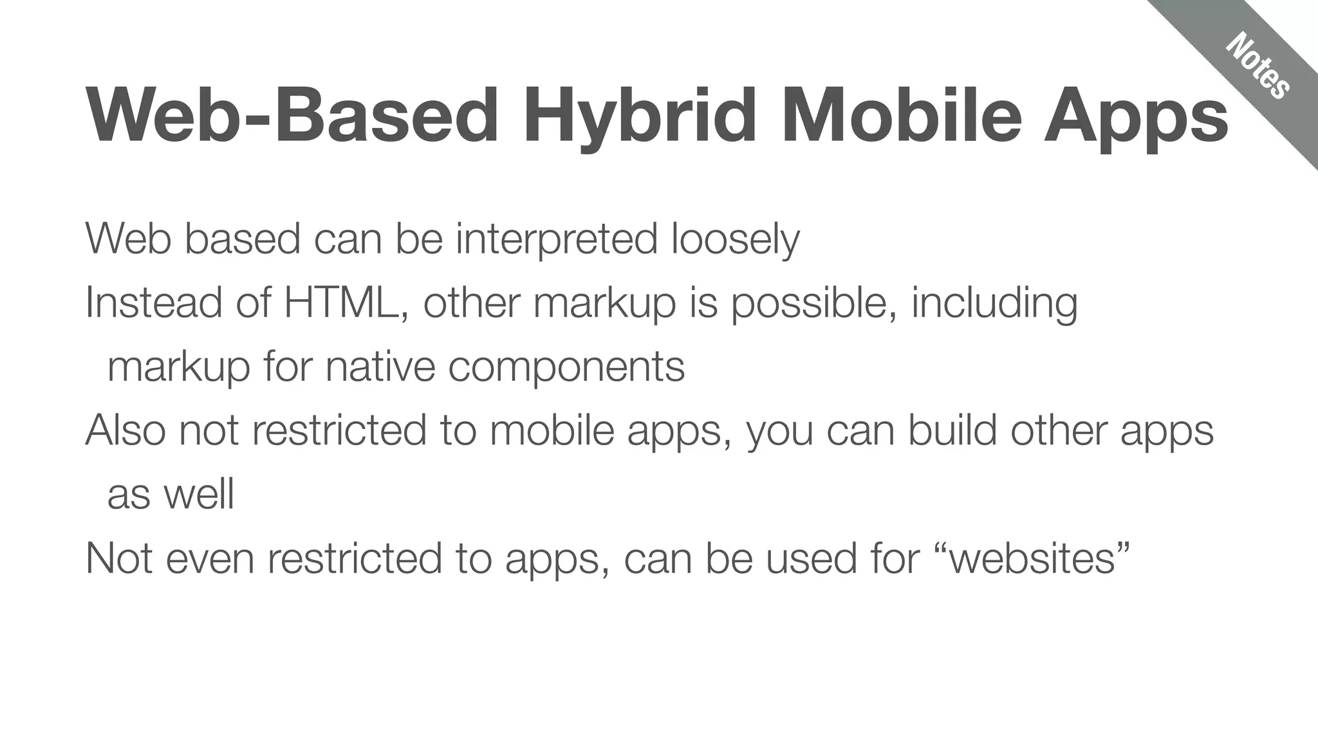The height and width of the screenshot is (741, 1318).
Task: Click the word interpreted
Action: (557, 239)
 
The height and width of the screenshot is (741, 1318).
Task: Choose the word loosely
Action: (736, 240)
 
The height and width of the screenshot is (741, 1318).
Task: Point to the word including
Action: (994, 304)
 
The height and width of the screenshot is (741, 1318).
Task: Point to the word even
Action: (210, 558)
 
